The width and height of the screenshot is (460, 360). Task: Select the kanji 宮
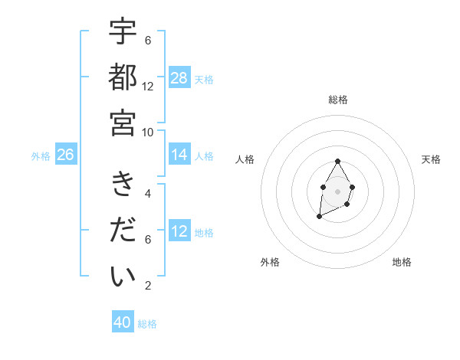click(x=123, y=123)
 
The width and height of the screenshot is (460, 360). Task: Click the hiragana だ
click(x=123, y=231)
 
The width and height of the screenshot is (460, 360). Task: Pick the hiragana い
click(x=123, y=276)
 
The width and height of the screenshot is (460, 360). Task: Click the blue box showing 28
click(x=179, y=78)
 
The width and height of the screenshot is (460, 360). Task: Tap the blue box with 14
click(x=179, y=155)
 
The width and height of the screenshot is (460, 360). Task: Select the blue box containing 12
click(x=179, y=231)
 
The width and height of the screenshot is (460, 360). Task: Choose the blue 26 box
click(x=65, y=155)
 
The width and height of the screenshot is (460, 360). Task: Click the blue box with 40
click(x=123, y=322)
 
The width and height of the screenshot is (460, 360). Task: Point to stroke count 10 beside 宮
click(x=148, y=133)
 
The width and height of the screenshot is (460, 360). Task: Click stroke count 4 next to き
click(x=148, y=193)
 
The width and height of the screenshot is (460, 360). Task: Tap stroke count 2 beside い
click(x=148, y=286)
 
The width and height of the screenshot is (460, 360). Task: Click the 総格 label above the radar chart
click(x=337, y=100)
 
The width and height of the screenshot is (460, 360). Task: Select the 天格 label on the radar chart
click(x=431, y=159)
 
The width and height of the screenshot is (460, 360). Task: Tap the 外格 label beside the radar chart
click(x=270, y=262)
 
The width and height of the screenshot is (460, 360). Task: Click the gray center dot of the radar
click(x=337, y=190)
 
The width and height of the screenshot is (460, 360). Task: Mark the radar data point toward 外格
click(x=319, y=217)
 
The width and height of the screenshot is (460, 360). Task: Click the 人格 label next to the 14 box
click(x=204, y=156)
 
